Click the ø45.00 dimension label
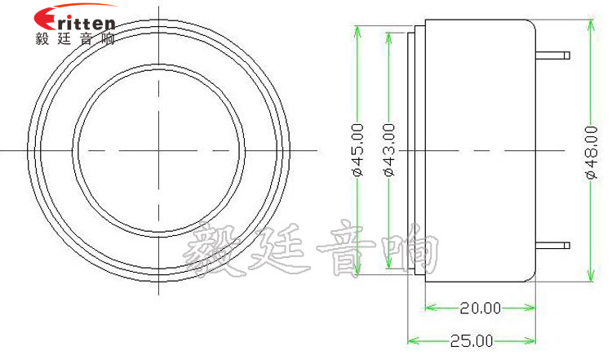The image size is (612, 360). [x=357, y=149]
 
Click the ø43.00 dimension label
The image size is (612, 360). [x=388, y=149]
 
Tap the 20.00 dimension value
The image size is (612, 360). [x=480, y=308]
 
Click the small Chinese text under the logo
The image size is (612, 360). [x=75, y=38]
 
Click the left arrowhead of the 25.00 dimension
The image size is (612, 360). [x=411, y=340]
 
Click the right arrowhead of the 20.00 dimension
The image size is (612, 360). [x=531, y=308]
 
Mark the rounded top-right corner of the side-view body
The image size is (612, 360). [x=531, y=24]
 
